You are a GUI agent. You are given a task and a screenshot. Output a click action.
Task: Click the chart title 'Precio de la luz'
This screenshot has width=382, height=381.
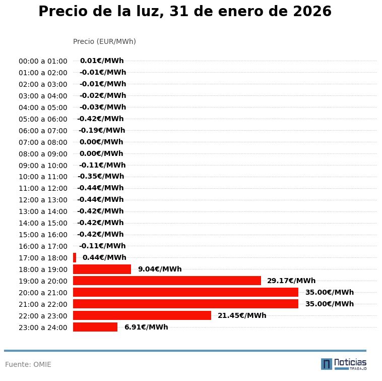pos(185,12)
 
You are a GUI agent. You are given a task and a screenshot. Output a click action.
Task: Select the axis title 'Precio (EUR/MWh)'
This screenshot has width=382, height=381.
pos(104,41)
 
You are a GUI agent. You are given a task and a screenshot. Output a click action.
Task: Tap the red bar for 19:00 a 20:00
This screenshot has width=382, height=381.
pos(167,281)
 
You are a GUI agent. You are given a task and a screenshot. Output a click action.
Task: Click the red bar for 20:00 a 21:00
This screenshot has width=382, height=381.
pos(185,292)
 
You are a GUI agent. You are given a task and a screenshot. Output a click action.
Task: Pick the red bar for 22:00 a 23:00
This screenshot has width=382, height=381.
pos(142,315)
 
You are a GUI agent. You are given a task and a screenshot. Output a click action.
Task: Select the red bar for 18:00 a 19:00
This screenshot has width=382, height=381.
pos(102,269)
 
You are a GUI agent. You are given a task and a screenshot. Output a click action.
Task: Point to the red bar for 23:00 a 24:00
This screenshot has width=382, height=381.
pos(95,327)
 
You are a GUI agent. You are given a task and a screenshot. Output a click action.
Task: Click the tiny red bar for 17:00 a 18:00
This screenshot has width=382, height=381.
pos(75,257)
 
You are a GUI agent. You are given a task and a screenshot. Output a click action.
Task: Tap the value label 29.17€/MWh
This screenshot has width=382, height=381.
pos(291,281)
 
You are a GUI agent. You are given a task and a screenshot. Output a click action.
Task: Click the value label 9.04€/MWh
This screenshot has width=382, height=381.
pos(160,269)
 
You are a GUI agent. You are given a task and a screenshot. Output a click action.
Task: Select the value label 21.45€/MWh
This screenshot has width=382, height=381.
pos(242,315)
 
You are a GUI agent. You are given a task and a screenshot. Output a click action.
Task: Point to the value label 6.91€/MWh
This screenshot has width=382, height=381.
pos(146,327)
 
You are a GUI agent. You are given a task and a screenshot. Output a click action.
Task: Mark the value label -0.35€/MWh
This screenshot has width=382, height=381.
pos(101,177)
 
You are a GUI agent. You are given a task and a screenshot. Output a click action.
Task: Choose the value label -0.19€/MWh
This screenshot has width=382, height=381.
pos(102,130)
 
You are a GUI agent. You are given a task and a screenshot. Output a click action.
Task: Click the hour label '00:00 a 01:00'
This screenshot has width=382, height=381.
pos(43,61)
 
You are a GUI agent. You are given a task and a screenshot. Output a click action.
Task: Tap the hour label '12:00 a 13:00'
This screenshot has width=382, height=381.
pos(43,200)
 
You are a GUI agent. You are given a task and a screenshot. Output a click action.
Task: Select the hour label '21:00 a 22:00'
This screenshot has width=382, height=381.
pos(43,304)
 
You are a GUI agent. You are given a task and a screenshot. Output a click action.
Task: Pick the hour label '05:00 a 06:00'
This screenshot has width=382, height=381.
pos(43,119)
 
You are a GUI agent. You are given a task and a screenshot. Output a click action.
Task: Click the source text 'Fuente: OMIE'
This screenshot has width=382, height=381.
pos(28,364)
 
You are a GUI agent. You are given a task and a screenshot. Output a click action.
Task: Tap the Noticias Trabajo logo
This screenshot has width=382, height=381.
pos(344,364)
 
